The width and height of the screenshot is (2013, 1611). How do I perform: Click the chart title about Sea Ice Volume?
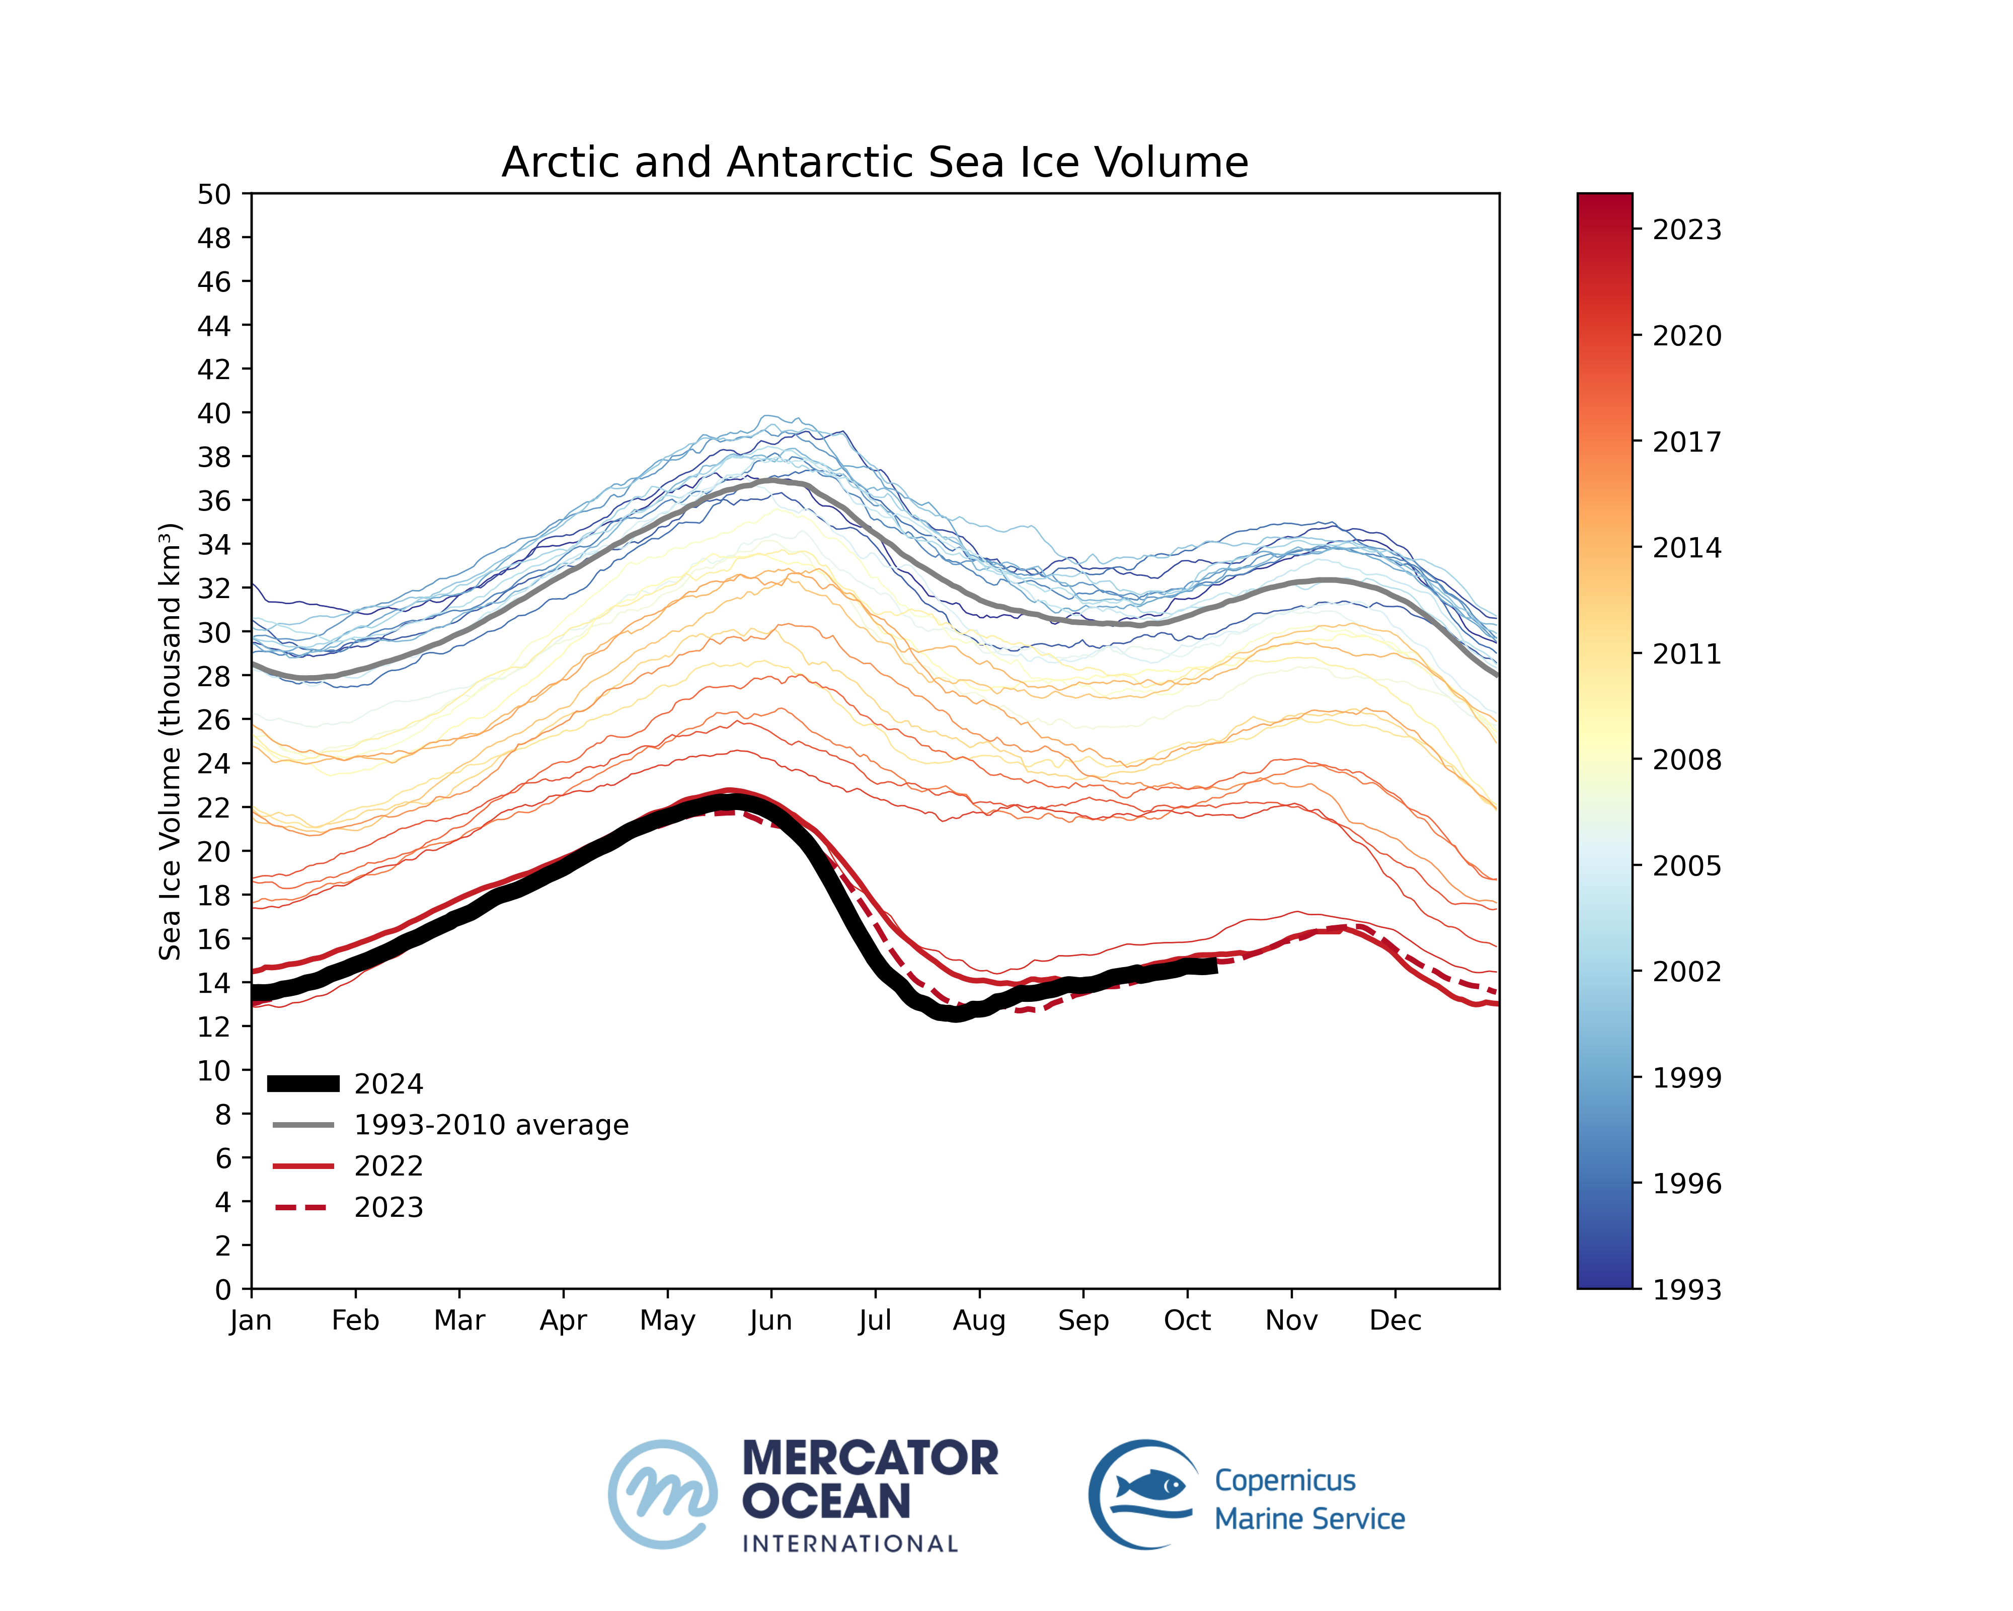875,163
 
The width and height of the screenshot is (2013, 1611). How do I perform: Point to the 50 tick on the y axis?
214,194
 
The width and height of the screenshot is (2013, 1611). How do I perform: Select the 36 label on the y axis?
214,500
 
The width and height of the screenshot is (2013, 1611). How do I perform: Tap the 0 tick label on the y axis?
222,1290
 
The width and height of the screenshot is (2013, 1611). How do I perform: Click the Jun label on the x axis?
771,1321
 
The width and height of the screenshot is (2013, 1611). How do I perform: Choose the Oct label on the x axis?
1187,1321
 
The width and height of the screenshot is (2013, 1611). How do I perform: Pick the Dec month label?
1395,1321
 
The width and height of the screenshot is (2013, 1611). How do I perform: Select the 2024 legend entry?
389,1084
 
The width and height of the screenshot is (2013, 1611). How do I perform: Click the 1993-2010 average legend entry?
491,1125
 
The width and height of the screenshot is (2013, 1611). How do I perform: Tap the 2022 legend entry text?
389,1166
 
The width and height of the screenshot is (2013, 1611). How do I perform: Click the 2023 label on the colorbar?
1686,230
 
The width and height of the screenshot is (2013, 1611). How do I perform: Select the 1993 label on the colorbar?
1686,1290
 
